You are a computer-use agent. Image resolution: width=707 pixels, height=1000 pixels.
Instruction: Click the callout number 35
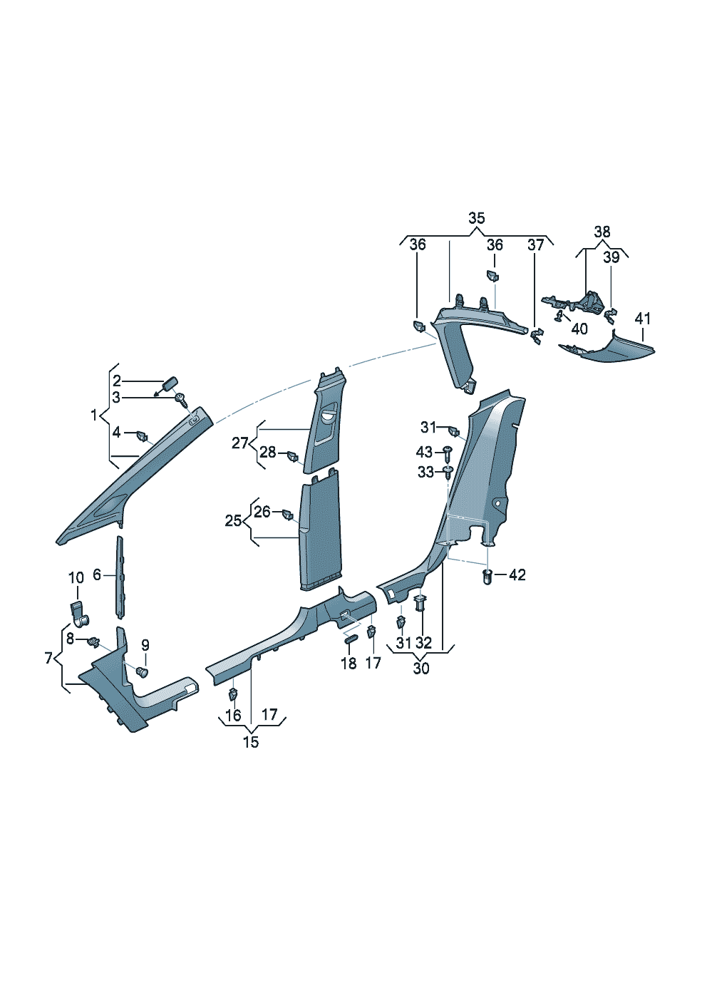coord(476,218)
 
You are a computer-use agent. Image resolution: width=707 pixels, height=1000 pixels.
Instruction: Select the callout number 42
coord(517,574)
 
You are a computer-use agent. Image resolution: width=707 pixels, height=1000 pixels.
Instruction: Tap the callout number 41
coord(643,318)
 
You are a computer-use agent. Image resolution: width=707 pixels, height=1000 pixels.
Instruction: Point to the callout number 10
coord(76,577)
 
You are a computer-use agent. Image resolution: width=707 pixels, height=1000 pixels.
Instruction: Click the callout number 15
coord(251,742)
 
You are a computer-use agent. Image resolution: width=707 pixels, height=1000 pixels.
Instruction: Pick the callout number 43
coord(424,452)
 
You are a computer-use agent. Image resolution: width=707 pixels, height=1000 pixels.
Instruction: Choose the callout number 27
coord(240,443)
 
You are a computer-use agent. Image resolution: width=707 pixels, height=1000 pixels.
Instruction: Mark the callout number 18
coord(348,663)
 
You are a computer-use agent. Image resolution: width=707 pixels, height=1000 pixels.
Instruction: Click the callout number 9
coord(145,645)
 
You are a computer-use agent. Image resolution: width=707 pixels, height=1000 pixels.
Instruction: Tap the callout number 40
coord(579,329)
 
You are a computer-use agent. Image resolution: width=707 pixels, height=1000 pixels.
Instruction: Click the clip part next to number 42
coord(488,576)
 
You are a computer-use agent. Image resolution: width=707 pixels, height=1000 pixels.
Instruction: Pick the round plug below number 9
coord(142,671)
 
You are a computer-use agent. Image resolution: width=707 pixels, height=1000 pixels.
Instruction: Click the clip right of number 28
coord(292,455)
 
